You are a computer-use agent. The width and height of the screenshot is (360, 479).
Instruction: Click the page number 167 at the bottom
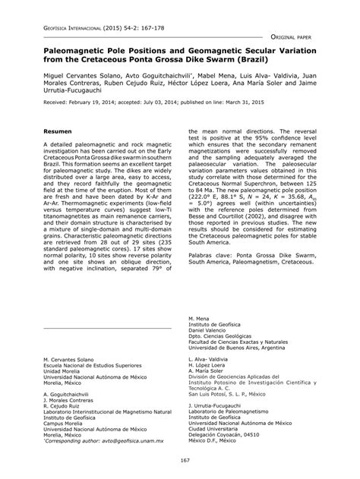tap(180, 460)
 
